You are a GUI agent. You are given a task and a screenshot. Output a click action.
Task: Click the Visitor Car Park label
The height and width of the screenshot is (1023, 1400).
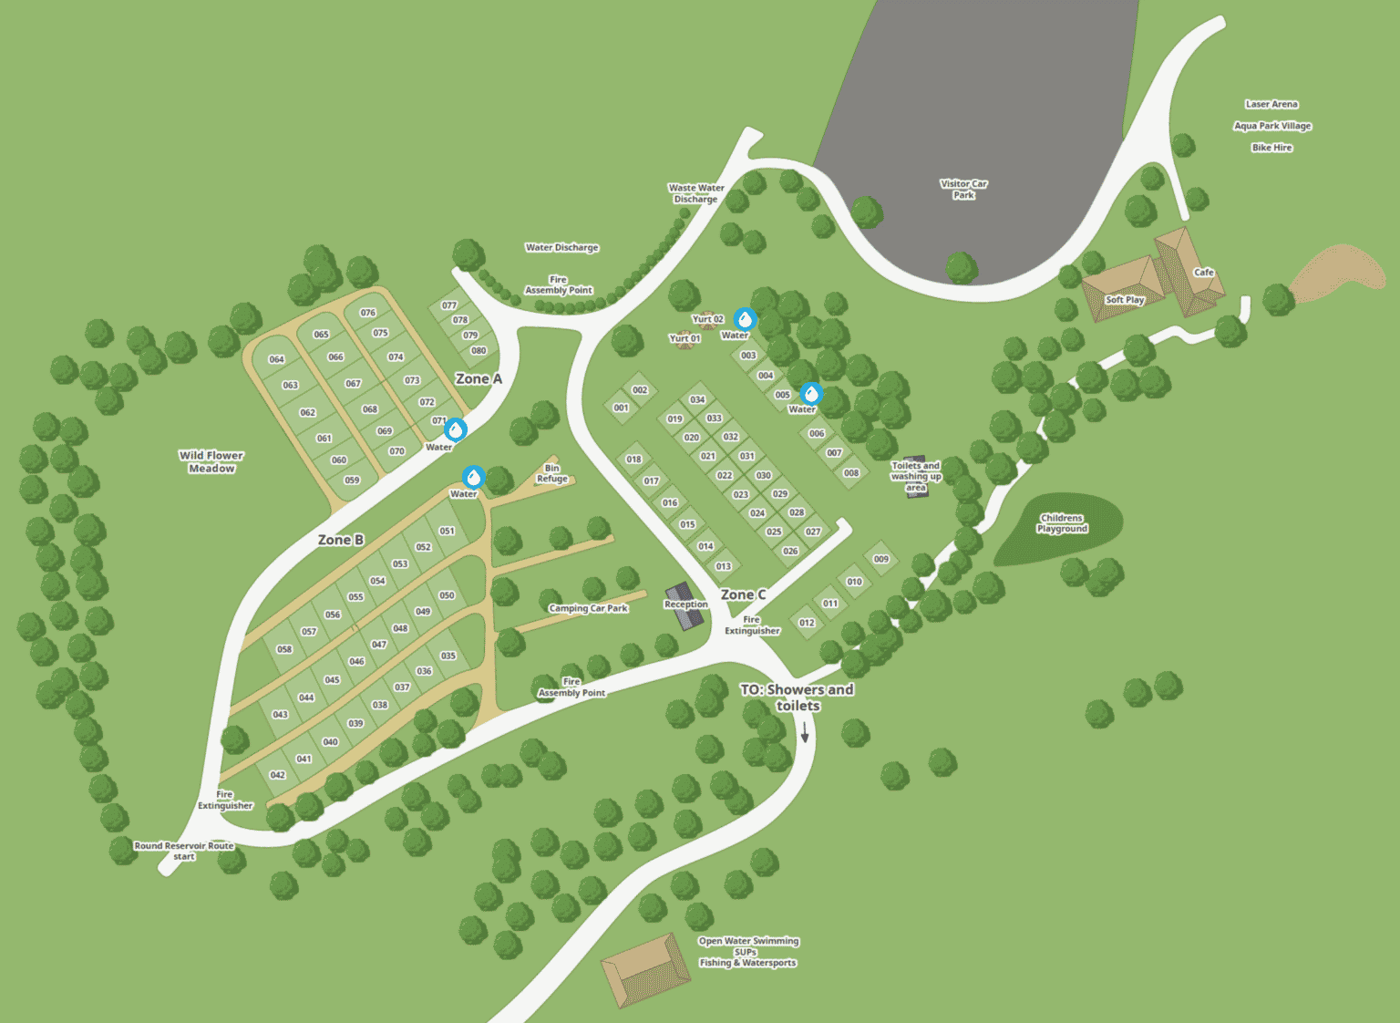(x=963, y=189)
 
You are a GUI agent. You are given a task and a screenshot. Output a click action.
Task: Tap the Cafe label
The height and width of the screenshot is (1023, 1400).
(x=1203, y=273)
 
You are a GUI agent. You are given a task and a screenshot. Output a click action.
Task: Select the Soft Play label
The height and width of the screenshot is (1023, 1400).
(x=1124, y=300)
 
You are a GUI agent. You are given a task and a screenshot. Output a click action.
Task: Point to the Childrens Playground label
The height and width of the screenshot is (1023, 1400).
(x=1062, y=523)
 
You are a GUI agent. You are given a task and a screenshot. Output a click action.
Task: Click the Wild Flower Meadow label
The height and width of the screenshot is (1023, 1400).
(x=211, y=461)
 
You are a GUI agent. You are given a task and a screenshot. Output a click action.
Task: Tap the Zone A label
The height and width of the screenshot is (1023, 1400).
(x=479, y=378)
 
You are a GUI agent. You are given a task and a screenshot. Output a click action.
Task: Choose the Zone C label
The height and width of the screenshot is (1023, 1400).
(x=743, y=594)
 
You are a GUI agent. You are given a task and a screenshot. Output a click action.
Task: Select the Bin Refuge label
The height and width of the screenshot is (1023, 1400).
(x=552, y=473)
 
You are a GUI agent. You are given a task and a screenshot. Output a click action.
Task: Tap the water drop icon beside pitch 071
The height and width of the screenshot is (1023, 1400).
(x=456, y=429)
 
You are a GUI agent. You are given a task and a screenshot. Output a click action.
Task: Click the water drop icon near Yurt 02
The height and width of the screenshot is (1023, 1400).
(x=746, y=319)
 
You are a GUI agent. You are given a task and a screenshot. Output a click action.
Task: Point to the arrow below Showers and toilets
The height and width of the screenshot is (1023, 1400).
(x=805, y=732)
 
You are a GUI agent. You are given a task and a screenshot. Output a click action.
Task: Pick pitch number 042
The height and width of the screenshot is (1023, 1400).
(x=278, y=775)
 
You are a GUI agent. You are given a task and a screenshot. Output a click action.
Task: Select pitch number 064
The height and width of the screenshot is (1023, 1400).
(x=276, y=359)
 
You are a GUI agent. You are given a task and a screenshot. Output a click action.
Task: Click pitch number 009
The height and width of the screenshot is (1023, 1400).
(x=880, y=559)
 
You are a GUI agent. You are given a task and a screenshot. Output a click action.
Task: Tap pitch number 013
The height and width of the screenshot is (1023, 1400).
(x=723, y=566)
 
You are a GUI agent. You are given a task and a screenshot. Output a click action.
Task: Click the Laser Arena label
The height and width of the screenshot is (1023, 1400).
(x=1271, y=104)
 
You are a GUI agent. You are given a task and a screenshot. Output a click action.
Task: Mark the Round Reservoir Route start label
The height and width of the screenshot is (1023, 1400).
(x=184, y=851)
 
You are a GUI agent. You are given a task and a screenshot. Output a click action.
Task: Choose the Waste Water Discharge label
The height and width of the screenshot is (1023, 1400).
(x=696, y=193)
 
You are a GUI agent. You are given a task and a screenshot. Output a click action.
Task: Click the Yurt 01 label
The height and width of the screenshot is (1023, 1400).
(x=685, y=338)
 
